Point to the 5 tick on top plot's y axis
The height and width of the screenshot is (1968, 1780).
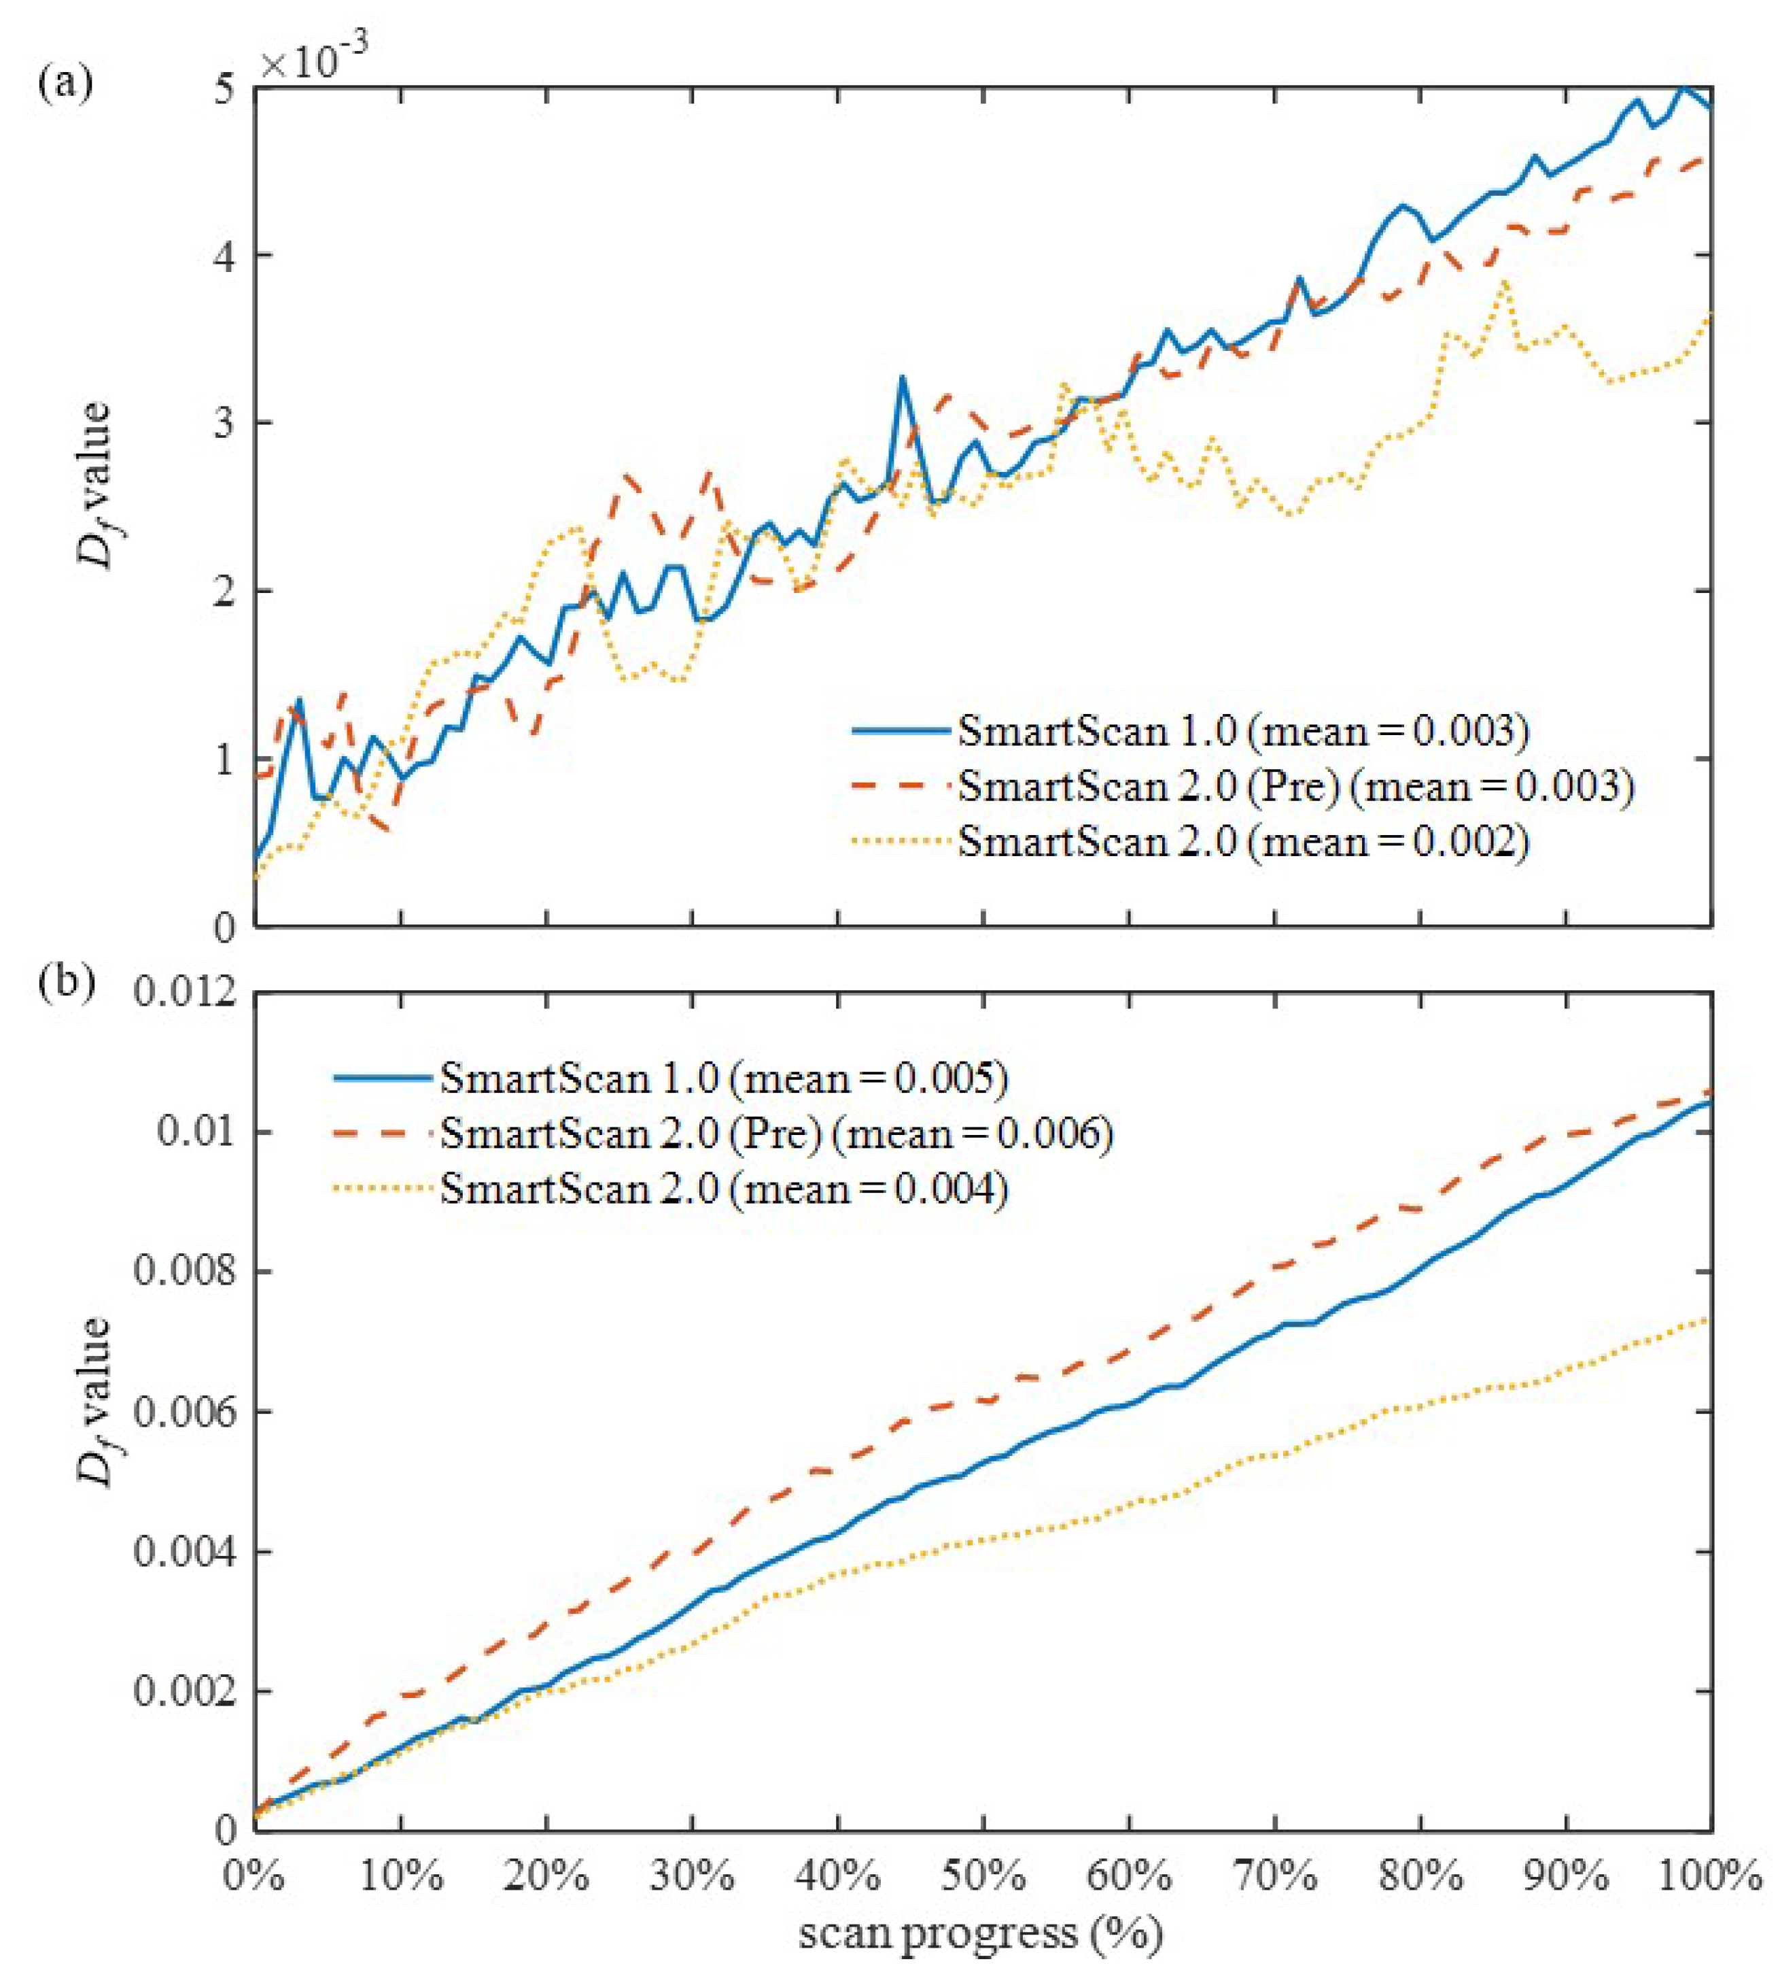[x=224, y=89]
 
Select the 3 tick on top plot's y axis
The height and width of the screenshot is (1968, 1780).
[x=224, y=424]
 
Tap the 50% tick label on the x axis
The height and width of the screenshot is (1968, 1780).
[x=983, y=1876]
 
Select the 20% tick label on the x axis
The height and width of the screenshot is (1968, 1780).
[x=546, y=1876]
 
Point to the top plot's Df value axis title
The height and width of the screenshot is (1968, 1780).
[x=96, y=484]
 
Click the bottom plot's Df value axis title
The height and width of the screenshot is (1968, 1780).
[x=96, y=1402]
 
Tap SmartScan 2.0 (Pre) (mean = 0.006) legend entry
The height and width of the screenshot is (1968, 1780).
[x=776, y=1134]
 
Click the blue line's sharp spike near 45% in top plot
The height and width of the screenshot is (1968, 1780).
[x=902, y=378]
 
